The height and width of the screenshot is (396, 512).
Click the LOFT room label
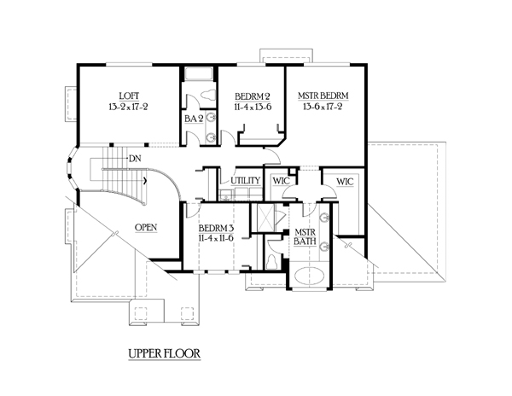pos(129,96)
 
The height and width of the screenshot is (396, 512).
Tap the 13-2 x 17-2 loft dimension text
pos(128,107)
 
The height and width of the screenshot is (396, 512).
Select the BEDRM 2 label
pos(253,96)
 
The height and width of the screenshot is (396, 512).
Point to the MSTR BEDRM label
pos(323,96)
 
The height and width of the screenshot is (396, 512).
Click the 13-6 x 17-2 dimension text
pos(323,107)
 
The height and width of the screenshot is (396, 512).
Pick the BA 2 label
pos(194,119)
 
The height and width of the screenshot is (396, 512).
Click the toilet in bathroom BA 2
pos(208,95)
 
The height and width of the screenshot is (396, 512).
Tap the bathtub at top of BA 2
pos(199,74)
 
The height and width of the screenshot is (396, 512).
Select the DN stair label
pos(135,159)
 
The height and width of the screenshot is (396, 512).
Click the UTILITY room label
pos(245,181)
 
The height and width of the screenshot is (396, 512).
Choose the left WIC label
pos(281,181)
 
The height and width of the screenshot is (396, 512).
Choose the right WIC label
pos(345,182)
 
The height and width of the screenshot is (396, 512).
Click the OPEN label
pos(146,227)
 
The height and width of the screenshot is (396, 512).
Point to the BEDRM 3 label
pos(216,228)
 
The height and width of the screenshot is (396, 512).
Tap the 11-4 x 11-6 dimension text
pos(216,238)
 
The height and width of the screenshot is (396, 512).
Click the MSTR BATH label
pos(305,237)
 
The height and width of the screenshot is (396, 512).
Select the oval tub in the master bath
pos(309,276)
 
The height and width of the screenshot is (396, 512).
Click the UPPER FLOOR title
pos(164,353)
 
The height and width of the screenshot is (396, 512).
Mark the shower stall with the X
pos(266,218)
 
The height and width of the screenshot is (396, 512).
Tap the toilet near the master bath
pos(271,262)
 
